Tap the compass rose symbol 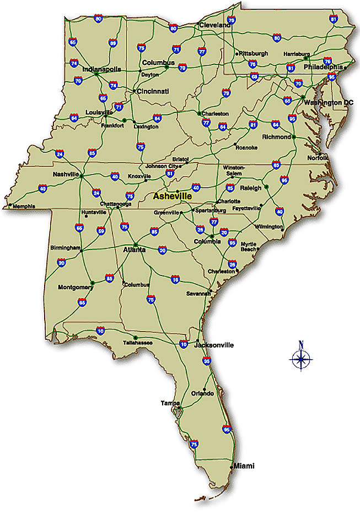point(301,360)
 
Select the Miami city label point(244,466)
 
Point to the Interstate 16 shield point(175,280)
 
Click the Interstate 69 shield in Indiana point(113,43)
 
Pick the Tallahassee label point(138,343)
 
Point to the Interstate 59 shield point(101,230)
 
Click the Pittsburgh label point(254,53)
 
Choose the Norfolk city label point(318,158)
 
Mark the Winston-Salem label point(234,170)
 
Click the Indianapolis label point(101,69)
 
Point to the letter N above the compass point(301,345)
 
